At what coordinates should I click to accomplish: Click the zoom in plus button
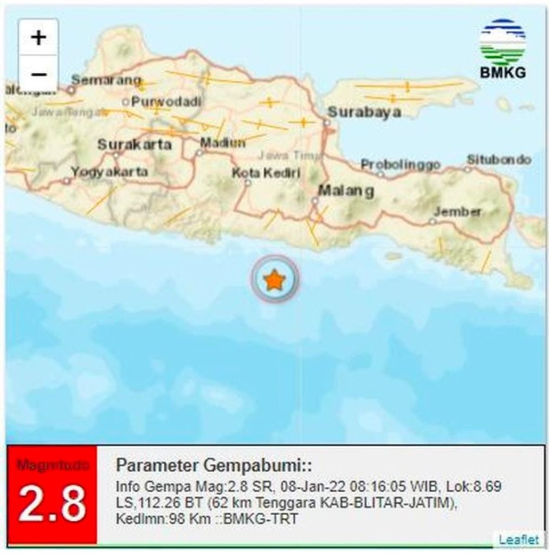pyautogui.click(x=38, y=38)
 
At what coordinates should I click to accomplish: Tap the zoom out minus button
pyautogui.click(x=38, y=73)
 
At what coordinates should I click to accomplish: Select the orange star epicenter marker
pyautogui.click(x=274, y=280)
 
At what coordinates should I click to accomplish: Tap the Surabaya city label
pyautogui.click(x=364, y=112)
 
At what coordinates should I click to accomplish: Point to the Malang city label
pyautogui.click(x=346, y=191)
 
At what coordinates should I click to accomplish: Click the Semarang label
pyautogui.click(x=106, y=80)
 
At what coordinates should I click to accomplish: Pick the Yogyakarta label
pyautogui.click(x=109, y=172)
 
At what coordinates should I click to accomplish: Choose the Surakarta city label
pyautogui.click(x=134, y=144)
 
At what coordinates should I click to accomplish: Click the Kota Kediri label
pyautogui.click(x=266, y=173)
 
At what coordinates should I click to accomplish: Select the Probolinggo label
pyautogui.click(x=401, y=164)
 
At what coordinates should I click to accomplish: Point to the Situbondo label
pyautogui.click(x=499, y=160)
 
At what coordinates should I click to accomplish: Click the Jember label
pyautogui.click(x=457, y=212)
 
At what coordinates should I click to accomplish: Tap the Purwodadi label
pyautogui.click(x=166, y=101)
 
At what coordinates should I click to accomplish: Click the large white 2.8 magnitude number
pyautogui.click(x=52, y=503)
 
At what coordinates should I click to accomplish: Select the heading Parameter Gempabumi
pyautogui.click(x=214, y=465)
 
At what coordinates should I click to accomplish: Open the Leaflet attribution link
pyautogui.click(x=519, y=539)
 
